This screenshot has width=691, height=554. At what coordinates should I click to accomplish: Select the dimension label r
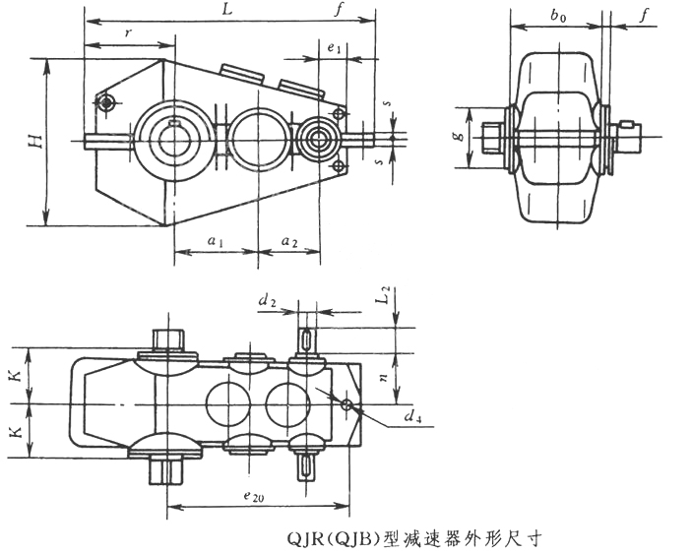129,34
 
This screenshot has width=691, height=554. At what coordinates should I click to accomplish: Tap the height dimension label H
34,141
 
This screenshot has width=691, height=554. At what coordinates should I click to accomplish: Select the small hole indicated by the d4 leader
345,404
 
